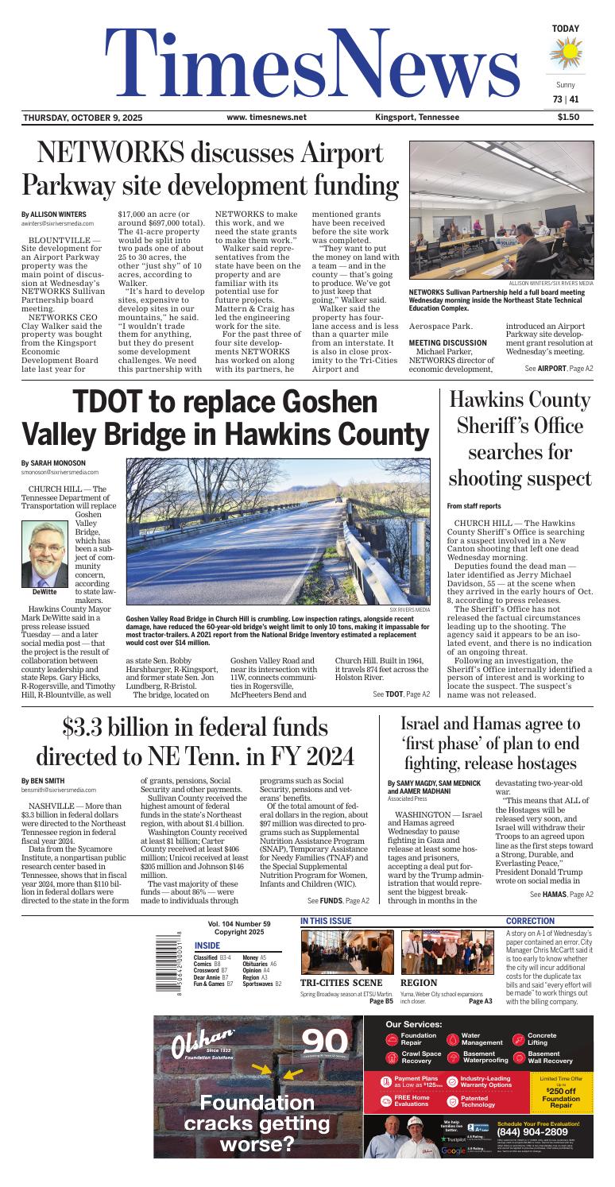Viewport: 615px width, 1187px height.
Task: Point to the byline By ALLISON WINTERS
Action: click(x=53, y=215)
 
